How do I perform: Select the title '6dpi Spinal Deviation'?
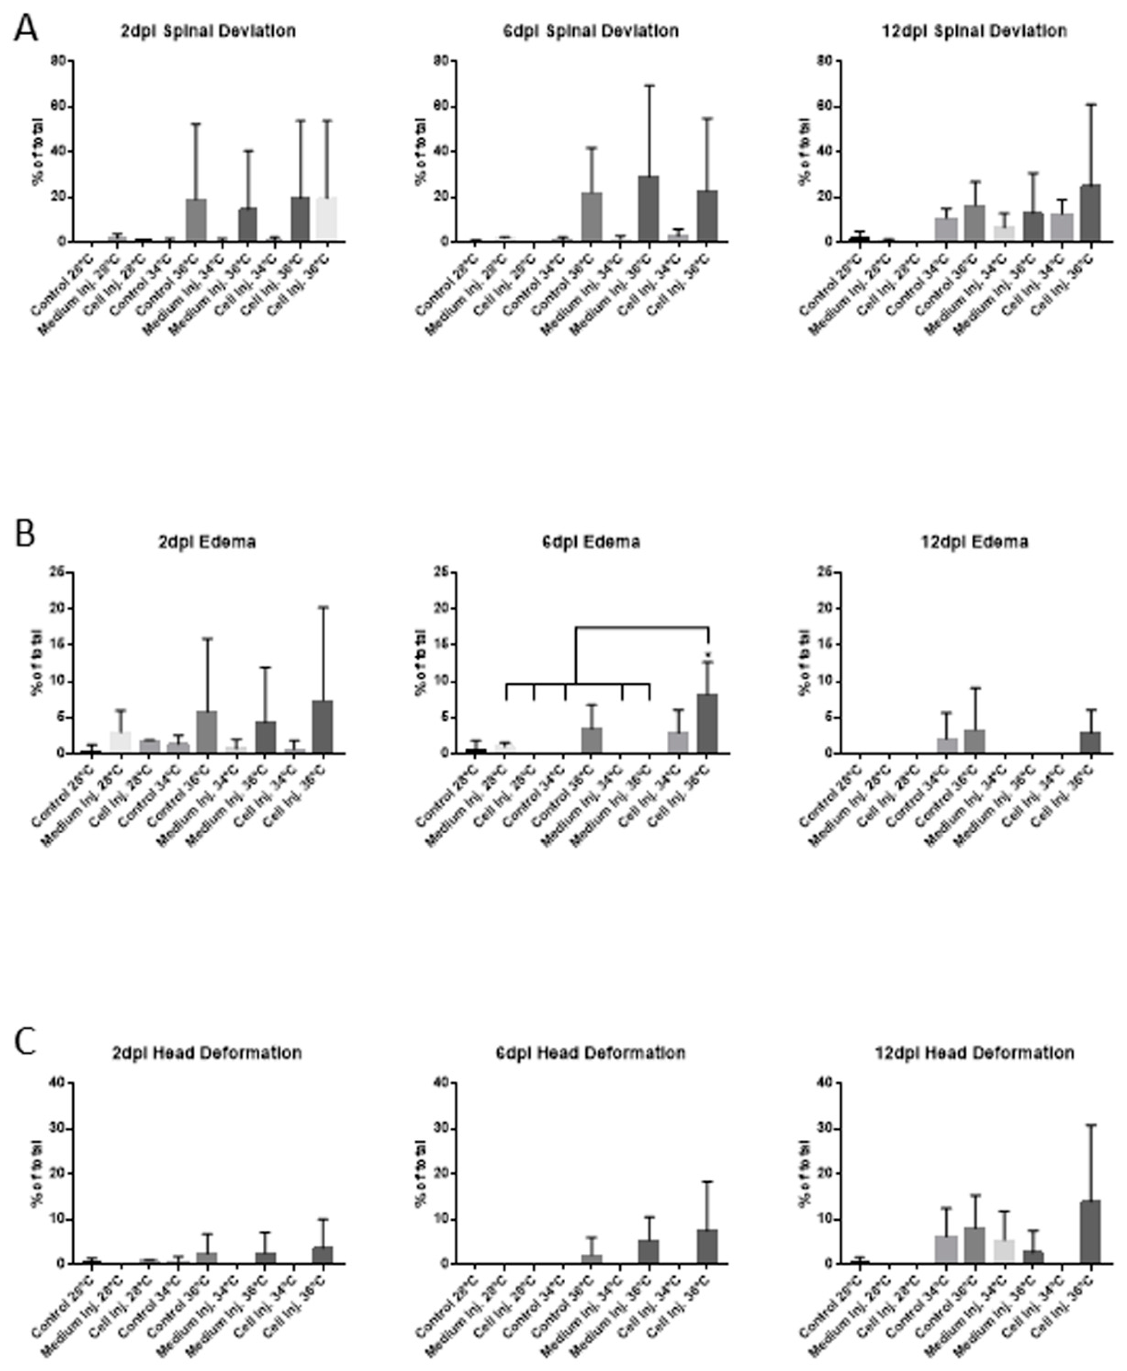tap(591, 31)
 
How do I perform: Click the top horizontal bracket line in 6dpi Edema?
tap(641, 627)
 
